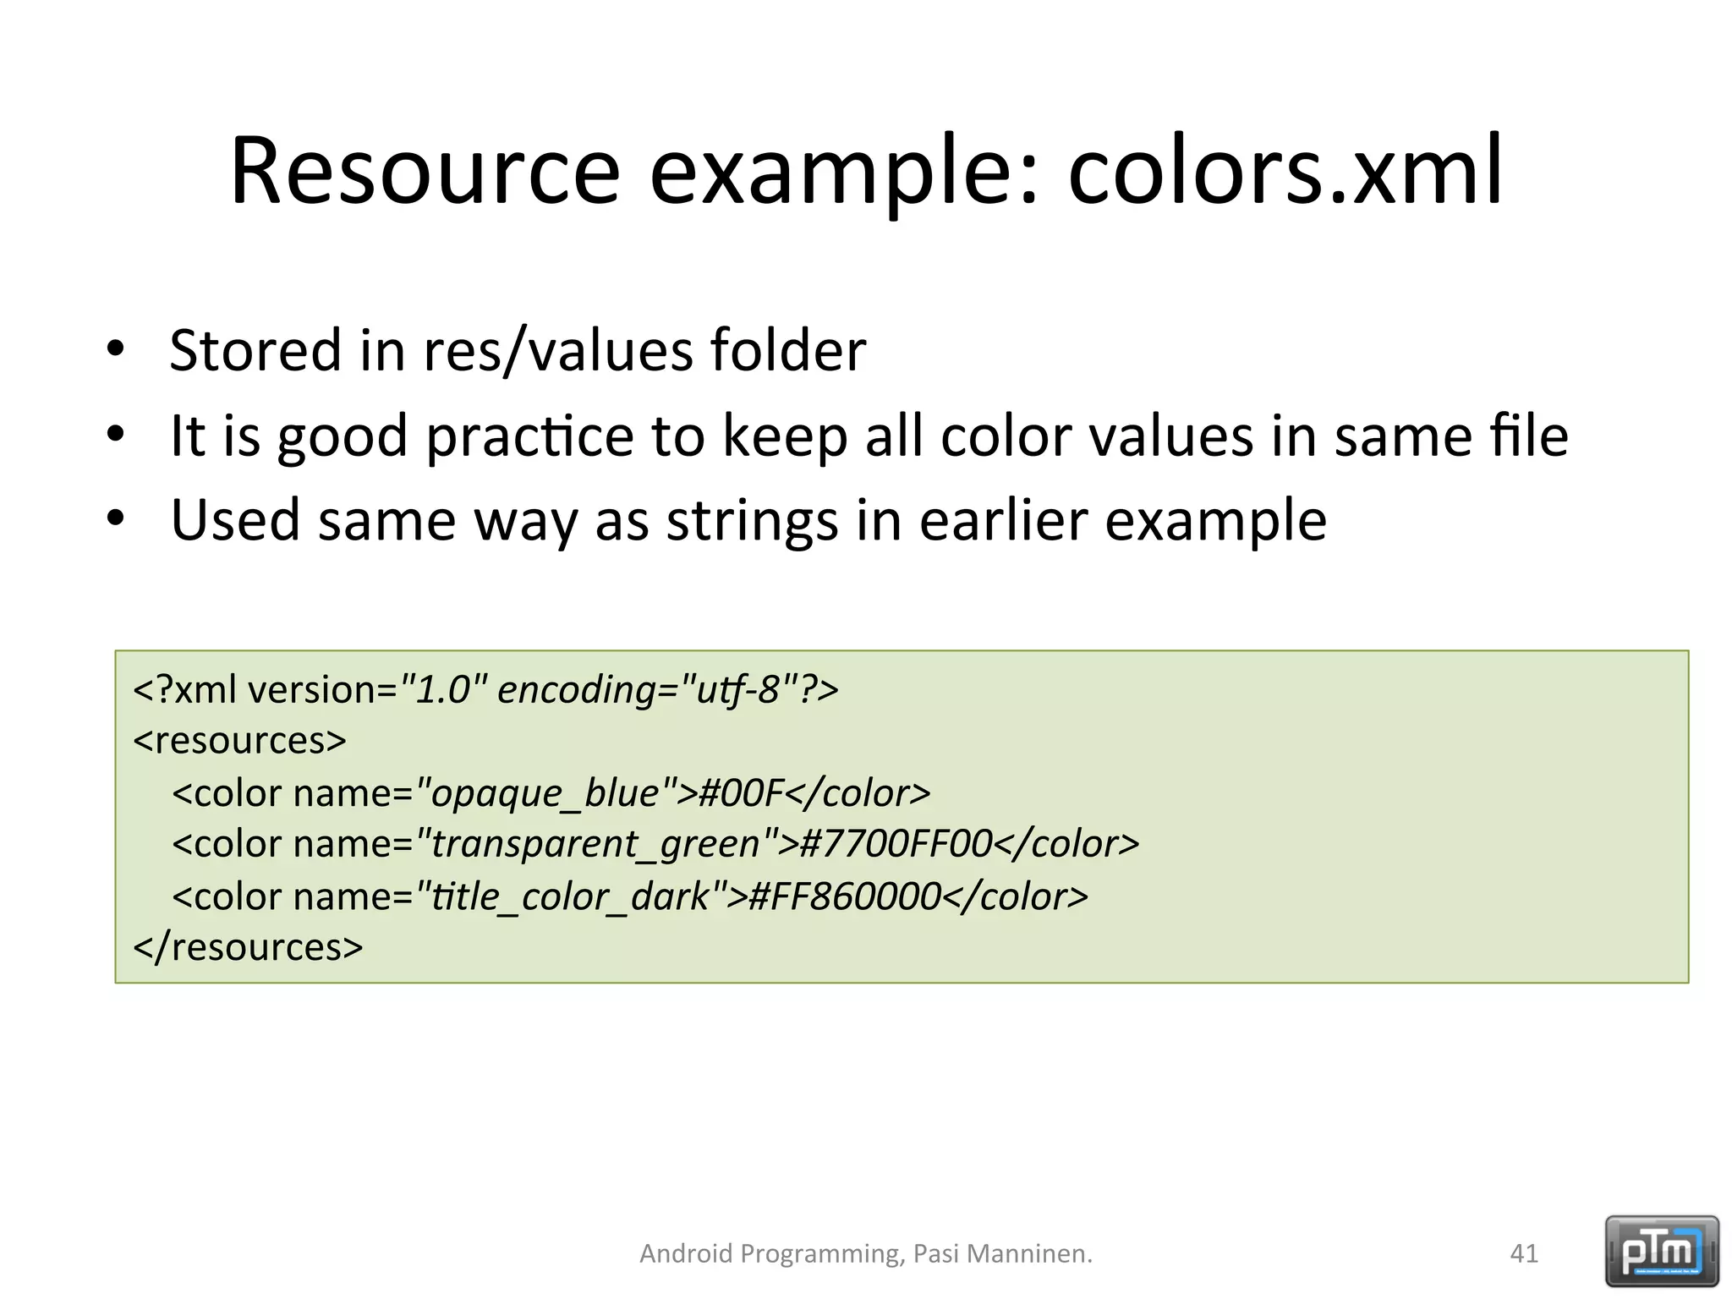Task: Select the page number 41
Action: click(1524, 1253)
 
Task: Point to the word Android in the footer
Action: click(686, 1253)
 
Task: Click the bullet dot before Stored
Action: click(116, 348)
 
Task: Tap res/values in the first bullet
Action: click(557, 350)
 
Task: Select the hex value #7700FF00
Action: click(895, 844)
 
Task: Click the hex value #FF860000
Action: click(844, 896)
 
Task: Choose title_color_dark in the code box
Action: click(570, 896)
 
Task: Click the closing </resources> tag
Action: click(248, 947)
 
